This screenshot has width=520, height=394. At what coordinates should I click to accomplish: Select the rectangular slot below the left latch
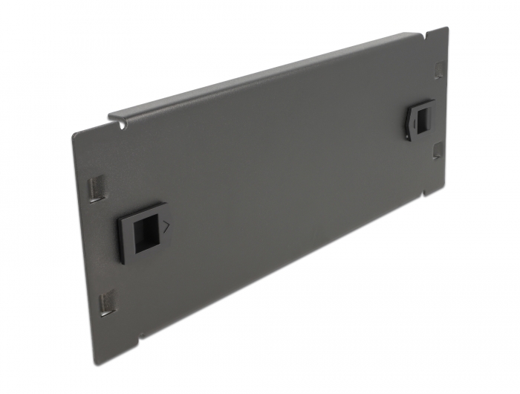(108, 301)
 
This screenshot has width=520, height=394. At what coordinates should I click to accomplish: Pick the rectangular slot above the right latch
(438, 71)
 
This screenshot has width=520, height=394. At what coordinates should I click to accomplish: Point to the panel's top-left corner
(74, 135)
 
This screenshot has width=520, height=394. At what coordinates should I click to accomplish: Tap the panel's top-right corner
(447, 28)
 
